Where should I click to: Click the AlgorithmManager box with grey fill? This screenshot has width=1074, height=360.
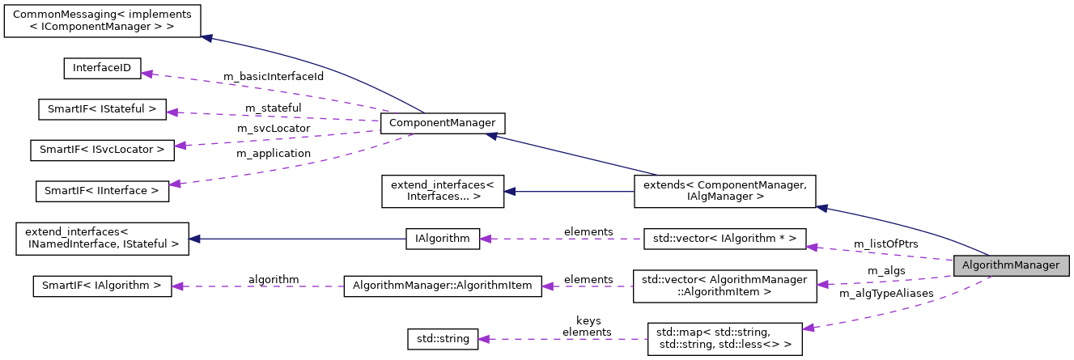coord(1012,265)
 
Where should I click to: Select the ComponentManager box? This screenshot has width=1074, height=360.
coord(443,123)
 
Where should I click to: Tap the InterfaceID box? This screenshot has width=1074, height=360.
coord(102,69)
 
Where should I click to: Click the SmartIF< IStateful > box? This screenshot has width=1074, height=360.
coord(102,109)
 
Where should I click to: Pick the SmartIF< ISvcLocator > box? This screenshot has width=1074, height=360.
coord(102,150)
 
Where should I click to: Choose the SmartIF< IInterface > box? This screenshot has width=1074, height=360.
coord(102,190)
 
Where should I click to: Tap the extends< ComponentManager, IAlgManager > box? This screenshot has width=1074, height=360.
coord(724,191)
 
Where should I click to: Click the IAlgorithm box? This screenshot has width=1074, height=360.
coord(443,239)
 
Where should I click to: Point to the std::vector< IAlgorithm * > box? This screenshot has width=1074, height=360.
coord(724,239)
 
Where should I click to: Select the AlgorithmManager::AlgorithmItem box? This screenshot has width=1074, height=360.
coord(443,286)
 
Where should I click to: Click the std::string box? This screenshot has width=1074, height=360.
coord(443,339)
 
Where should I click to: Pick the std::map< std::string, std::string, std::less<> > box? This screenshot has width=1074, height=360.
coord(724,339)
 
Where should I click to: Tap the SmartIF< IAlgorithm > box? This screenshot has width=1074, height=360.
coord(102,286)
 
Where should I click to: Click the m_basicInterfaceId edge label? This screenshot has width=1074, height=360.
coord(274,76)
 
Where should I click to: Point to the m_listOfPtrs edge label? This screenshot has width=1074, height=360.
coord(886,243)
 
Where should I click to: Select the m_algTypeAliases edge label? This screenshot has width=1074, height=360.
coord(886,293)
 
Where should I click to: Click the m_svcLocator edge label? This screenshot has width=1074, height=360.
coord(273,129)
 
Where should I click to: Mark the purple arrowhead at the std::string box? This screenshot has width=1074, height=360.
coord(484,339)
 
